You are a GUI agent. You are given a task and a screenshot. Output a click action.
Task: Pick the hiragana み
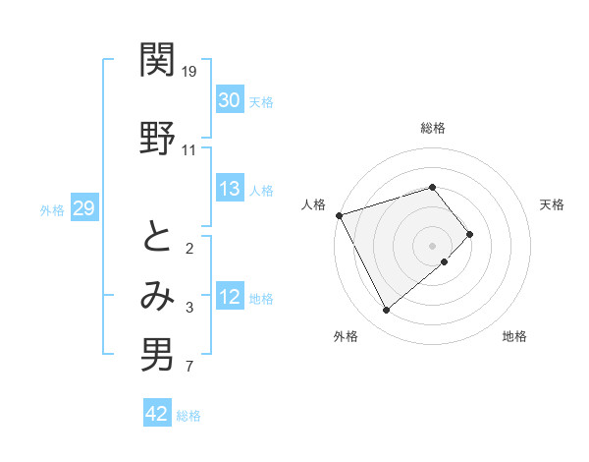coord(157,296)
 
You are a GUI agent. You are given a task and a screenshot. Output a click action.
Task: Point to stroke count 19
coord(189,72)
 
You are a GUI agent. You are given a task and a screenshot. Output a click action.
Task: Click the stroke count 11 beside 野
coord(189,150)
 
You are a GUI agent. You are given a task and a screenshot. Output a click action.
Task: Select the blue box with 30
coord(230,100)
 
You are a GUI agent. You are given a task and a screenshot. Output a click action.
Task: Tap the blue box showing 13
coord(230,190)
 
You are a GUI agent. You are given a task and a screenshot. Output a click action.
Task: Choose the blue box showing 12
coord(230,298)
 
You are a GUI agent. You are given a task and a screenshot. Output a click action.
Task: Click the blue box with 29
coord(83,208)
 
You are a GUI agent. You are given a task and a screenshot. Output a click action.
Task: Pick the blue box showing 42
coord(157,414)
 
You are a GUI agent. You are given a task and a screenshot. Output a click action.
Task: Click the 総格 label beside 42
coord(188,416)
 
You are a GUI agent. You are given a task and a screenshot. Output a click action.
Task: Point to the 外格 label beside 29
coord(52,209)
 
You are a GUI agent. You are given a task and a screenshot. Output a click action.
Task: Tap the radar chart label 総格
coord(433,128)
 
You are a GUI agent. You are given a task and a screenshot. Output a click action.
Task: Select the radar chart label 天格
coord(553,204)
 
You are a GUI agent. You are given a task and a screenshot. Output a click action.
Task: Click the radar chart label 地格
coord(514,337)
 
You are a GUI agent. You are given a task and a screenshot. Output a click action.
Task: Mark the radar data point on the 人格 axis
coord(339,215)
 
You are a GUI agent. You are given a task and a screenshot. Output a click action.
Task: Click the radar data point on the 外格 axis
coord(386,311)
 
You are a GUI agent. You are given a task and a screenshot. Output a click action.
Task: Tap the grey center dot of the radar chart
coord(433,245)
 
